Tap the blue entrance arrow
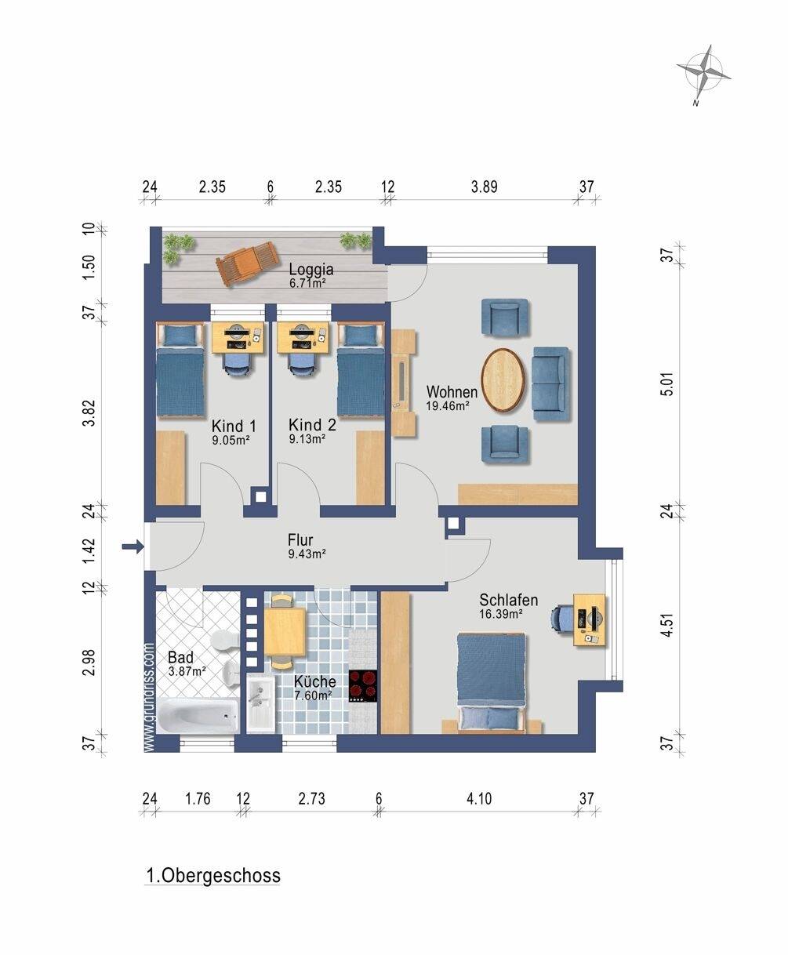pyautogui.click(x=133, y=546)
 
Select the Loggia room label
pyautogui.click(x=311, y=270)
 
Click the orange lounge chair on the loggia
pyautogui.click(x=248, y=263)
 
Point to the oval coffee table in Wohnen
pyautogui.click(x=503, y=380)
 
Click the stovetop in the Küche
pyautogui.click(x=363, y=686)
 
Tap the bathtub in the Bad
pyautogui.click(x=197, y=716)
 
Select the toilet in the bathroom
pyautogui.click(x=225, y=640)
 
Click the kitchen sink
pyautogui.click(x=261, y=704)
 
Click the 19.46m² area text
pyautogui.click(x=448, y=405)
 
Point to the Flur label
pyautogui.click(x=300, y=539)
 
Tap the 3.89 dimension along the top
pyautogui.click(x=485, y=187)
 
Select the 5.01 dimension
pyautogui.click(x=668, y=383)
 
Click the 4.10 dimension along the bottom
pyautogui.click(x=479, y=798)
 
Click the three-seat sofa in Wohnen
pyautogui.click(x=552, y=383)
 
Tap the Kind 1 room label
pyautogui.click(x=234, y=427)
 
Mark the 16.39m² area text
pyautogui.click(x=501, y=614)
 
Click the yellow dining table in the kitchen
pyautogui.click(x=285, y=631)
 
